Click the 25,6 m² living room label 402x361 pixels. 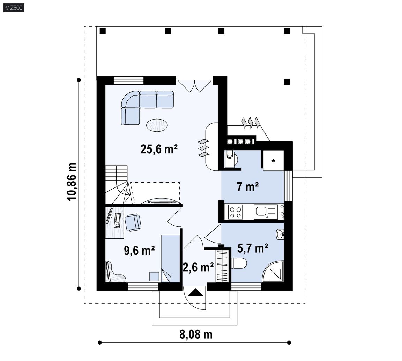click(159, 149)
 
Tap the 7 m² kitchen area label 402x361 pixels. click(247, 187)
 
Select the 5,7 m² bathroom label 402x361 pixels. click(253, 248)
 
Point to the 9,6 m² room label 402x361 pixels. click(139, 251)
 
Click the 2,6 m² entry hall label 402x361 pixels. click(198, 267)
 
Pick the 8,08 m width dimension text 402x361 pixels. click(196, 335)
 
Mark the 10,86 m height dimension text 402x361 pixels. click(72, 182)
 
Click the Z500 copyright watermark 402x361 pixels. click(14, 8)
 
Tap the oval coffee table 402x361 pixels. click(157, 125)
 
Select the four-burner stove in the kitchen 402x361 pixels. click(235, 212)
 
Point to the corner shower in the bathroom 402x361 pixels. click(273, 272)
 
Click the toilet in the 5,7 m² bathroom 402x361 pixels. click(239, 263)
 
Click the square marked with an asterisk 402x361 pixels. click(273, 161)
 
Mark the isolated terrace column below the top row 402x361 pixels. click(286, 82)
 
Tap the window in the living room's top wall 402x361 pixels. click(128, 80)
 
